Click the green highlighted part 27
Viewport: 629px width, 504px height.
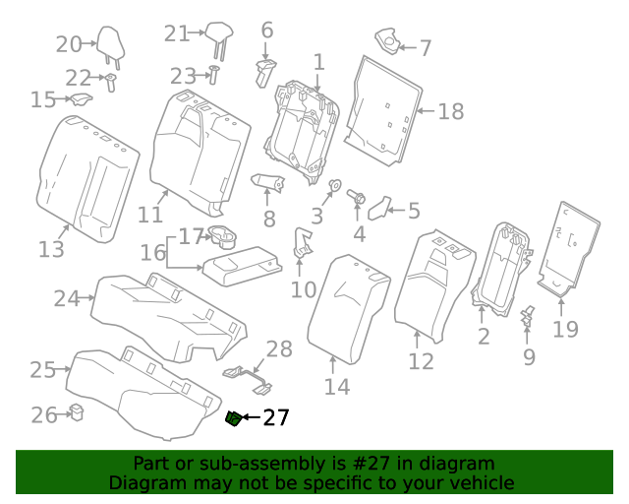234,419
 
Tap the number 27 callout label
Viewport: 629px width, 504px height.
276,418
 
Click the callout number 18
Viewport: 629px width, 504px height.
450,112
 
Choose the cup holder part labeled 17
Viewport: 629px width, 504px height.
222,236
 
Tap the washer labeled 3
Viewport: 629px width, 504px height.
333,187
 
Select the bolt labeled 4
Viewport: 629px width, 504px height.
358,199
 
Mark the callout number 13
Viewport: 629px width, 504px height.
51,250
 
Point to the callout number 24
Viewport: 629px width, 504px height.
66,298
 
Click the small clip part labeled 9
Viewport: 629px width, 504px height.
528,315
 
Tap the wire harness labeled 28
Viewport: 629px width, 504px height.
250,375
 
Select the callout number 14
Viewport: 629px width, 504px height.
337,387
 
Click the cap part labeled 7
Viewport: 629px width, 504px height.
392,40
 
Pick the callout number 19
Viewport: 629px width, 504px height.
565,329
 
